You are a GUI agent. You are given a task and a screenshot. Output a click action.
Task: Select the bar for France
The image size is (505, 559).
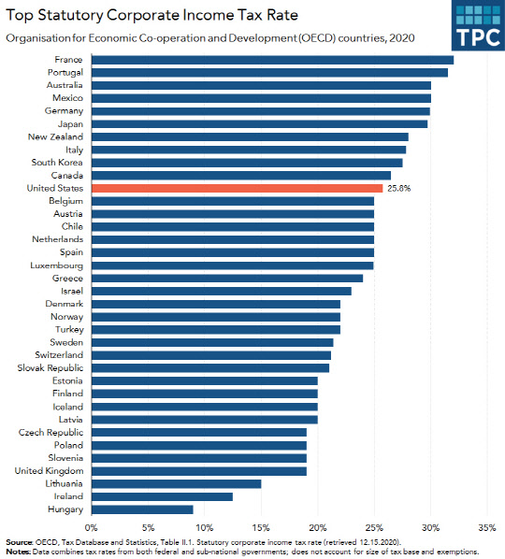click(x=273, y=60)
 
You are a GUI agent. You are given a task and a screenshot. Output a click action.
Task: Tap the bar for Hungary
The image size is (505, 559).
click(x=143, y=509)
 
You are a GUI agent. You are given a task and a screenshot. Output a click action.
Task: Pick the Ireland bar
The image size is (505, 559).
click(x=163, y=496)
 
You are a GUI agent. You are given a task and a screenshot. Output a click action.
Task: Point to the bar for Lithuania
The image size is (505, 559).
click(x=177, y=483)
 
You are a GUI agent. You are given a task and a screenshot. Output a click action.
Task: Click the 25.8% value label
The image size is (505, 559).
click(x=399, y=188)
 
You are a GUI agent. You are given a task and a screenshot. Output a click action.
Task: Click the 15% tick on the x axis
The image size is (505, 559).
click(x=261, y=528)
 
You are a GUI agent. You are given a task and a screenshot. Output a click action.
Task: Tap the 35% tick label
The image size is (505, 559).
click(x=486, y=528)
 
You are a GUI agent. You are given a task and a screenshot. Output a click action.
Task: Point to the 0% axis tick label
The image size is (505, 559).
click(x=93, y=528)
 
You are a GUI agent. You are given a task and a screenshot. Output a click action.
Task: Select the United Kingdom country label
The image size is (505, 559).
click(x=51, y=471)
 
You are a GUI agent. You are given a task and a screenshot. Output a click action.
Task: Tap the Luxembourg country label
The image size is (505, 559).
click(x=58, y=265)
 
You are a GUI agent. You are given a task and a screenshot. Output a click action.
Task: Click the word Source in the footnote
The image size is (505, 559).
click(x=18, y=542)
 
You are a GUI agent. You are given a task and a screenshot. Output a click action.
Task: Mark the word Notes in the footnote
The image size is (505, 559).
click(x=17, y=552)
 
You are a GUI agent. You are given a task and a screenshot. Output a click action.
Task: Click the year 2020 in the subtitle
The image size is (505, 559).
click(x=401, y=37)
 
